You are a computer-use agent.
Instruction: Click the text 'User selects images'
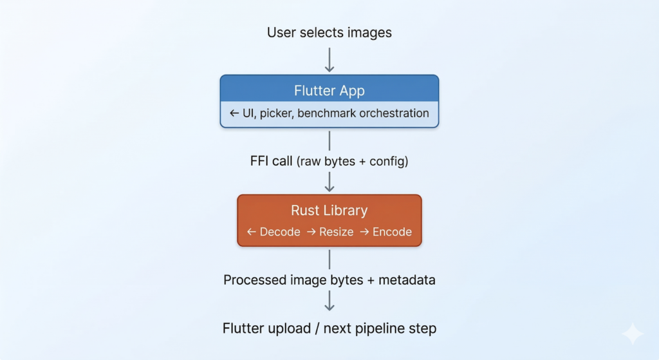[x=329, y=32]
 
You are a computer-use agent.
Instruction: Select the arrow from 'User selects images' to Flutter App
[x=329, y=59]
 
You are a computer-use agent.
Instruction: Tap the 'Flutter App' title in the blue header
[x=329, y=90]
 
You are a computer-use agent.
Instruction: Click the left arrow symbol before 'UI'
[x=234, y=113]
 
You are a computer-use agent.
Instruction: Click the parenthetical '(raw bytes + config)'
[x=352, y=161]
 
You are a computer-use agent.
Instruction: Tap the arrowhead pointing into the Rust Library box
[x=329, y=187]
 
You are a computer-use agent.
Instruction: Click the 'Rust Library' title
[x=329, y=211]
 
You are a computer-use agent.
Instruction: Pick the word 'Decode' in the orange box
[x=280, y=232]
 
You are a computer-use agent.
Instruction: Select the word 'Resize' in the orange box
[x=336, y=232]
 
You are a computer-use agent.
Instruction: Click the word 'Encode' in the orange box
[x=392, y=232]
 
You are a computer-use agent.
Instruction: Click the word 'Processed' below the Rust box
[x=254, y=280]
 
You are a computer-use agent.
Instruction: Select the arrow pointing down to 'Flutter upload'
[x=329, y=301]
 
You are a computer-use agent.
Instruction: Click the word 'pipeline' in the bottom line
[x=384, y=328]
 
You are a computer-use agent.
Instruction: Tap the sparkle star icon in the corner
[x=632, y=334]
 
